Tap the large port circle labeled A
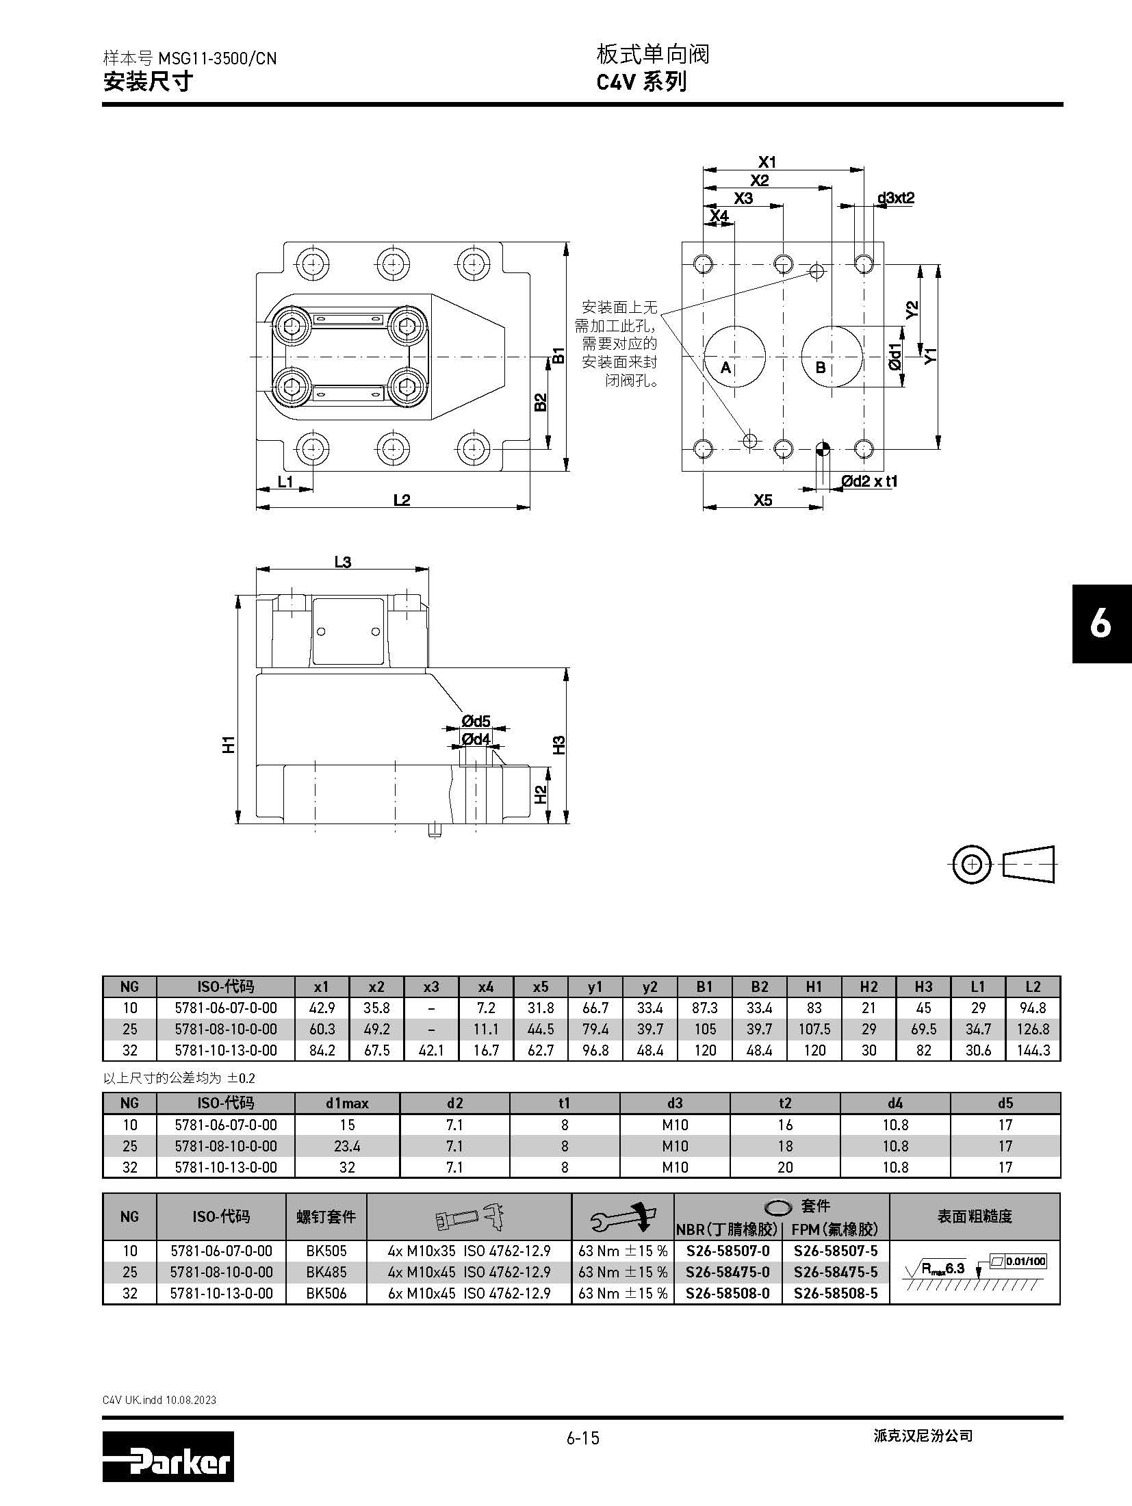pyautogui.click(x=734, y=357)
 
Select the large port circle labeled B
pyautogui.click(x=832, y=357)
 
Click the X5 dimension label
pyautogui.click(x=762, y=500)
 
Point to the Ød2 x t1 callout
pyautogui.click(x=869, y=481)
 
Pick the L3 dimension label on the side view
pyautogui.click(x=342, y=562)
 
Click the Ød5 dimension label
pyautogui.click(x=476, y=721)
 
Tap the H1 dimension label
pyautogui.click(x=229, y=744)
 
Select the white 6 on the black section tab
pyautogui.click(x=1101, y=624)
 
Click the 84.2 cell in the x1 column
pyautogui.click(x=322, y=1050)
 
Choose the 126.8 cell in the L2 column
pyautogui.click(x=1033, y=1029)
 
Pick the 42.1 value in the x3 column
pyautogui.click(x=431, y=1050)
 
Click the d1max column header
pyautogui.click(x=347, y=1103)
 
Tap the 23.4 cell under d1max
pyautogui.click(x=347, y=1146)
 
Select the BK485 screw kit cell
pyautogui.click(x=326, y=1272)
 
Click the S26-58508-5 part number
pyautogui.click(x=836, y=1293)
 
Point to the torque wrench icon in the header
pyautogui.click(x=621, y=1216)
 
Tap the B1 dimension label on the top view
pyautogui.click(x=558, y=356)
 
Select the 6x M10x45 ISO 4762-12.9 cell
pyautogui.click(x=469, y=1293)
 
